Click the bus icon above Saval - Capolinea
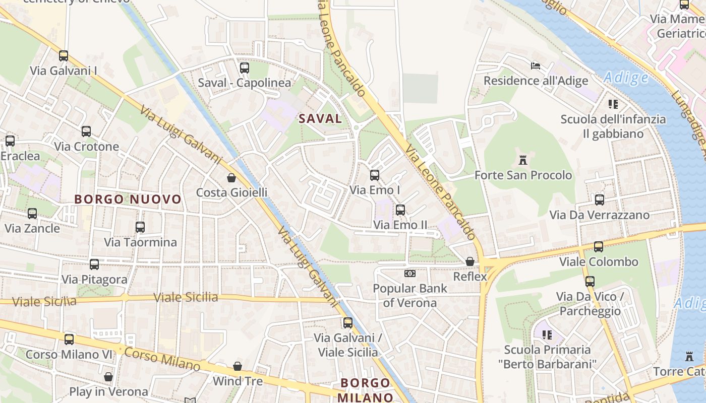tap(245, 68)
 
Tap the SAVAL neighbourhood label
tap(320, 119)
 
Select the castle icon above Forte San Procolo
tap(523, 161)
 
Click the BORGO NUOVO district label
tap(128, 199)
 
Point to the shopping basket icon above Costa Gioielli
tap(231, 178)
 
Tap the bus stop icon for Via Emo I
tap(375, 175)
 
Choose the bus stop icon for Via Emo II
tap(400, 210)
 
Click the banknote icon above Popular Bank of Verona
tap(409, 274)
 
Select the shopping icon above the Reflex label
tap(470, 261)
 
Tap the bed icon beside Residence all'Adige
tap(536, 66)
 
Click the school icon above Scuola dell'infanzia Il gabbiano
tap(613, 104)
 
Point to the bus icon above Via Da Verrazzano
tap(600, 200)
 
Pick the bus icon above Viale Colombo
tap(599, 247)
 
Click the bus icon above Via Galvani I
tap(64, 56)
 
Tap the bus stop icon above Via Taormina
tap(140, 227)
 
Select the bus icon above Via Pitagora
tap(94, 264)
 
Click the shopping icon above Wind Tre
tap(238, 366)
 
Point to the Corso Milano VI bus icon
tap(69, 340)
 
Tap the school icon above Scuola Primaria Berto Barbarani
tap(547, 334)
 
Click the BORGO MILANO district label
tap(365, 390)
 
